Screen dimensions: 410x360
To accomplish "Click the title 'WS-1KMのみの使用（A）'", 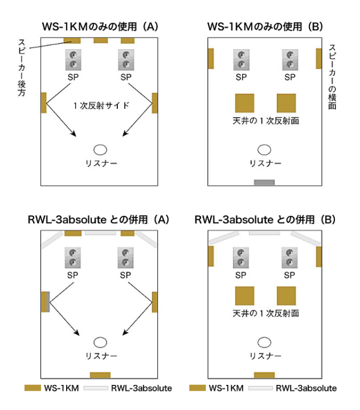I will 100,26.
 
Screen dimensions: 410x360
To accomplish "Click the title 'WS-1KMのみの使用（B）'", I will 265,26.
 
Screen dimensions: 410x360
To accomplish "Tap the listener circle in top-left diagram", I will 100,150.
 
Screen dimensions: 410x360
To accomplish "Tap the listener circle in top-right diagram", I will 264,150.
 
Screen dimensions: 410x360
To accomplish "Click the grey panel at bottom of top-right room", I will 264,182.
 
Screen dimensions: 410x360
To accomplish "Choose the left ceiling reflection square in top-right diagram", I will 244,103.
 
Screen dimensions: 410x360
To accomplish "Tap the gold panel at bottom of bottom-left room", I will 100,375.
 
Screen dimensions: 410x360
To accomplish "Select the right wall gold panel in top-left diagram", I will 154,102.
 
